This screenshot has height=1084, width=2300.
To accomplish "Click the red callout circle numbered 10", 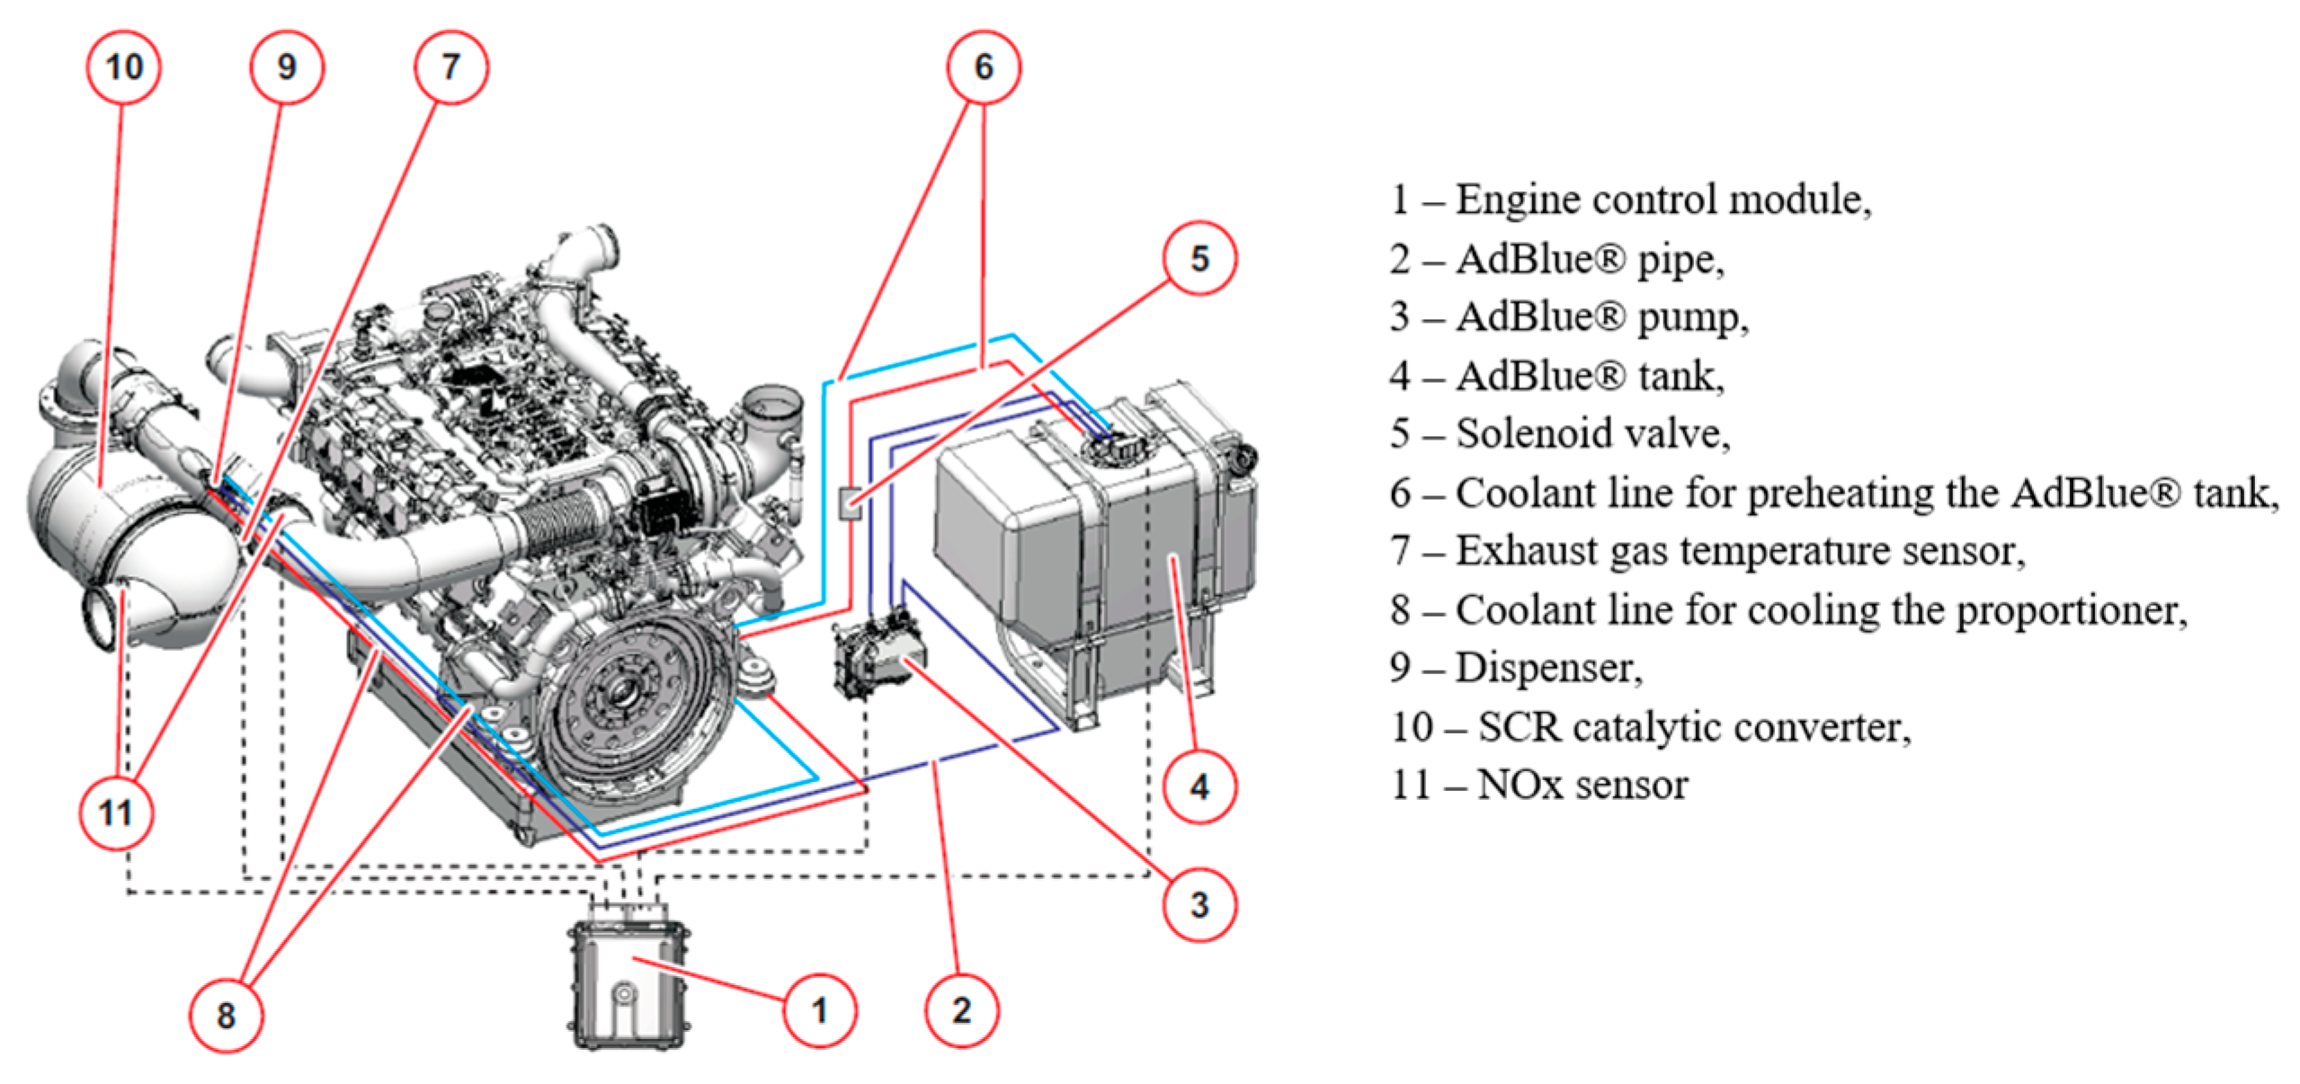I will [124, 67].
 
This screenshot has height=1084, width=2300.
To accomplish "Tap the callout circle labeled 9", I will [287, 67].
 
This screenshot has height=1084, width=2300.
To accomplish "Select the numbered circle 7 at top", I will [450, 67].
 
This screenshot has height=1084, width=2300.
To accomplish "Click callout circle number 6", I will [984, 67].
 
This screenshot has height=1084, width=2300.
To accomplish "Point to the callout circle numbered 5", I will [1199, 259].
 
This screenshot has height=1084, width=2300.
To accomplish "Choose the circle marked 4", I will [1199, 787].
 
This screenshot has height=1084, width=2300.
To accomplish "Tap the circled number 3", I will [1199, 904].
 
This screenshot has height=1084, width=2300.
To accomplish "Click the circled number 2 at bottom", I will [961, 1011].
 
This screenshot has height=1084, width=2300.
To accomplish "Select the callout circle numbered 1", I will [819, 1011].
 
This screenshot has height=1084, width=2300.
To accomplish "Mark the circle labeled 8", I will [226, 1016].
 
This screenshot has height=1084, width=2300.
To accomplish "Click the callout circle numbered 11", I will [117, 813].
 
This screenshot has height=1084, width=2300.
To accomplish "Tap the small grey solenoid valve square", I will [850, 502].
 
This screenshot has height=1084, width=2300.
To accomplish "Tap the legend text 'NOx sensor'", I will [1582, 785].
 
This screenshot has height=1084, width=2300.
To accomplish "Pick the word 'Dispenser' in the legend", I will [1547, 668].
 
